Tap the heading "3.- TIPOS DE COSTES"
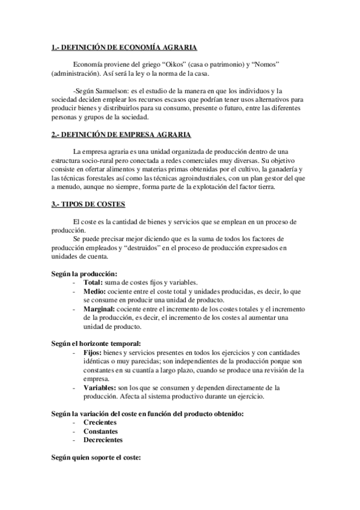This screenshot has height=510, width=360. pos(88,204)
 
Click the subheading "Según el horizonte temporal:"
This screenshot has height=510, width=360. pos(96,343)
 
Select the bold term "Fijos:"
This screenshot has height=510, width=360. pos(94,352)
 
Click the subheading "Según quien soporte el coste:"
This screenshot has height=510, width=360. pos(96,458)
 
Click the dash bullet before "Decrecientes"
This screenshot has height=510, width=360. pos(74,440)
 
